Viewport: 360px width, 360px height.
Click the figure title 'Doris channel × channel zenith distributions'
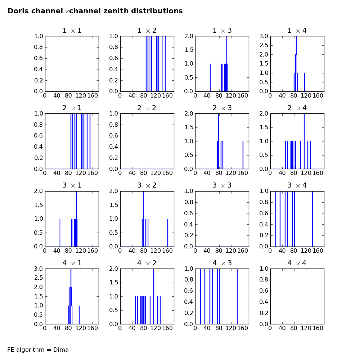click(x=95, y=11)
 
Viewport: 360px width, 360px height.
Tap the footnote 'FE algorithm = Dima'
click(x=38, y=350)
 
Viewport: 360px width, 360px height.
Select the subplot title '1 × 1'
click(x=72, y=31)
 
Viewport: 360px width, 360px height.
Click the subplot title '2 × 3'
click(x=222, y=108)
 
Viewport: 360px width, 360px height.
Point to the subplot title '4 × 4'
click(x=297, y=263)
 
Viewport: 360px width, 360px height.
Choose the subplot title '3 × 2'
click(x=147, y=185)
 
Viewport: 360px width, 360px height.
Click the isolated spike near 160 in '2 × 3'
click(x=243, y=155)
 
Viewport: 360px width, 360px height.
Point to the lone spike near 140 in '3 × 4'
click(x=312, y=219)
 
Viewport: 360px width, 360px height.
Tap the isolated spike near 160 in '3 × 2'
click(x=168, y=232)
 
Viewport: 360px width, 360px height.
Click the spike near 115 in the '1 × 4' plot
click(x=305, y=82)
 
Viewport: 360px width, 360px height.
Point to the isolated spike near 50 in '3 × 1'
click(x=60, y=232)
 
